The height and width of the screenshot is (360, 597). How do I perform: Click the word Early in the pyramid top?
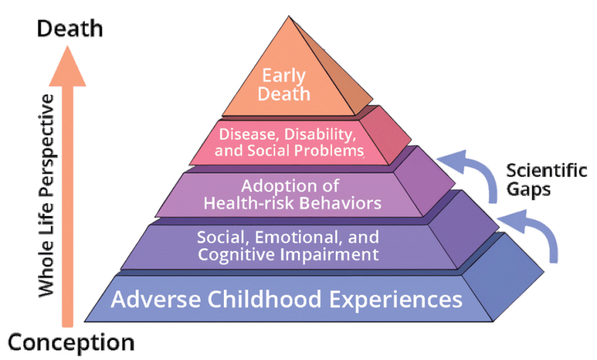tap(285, 76)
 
